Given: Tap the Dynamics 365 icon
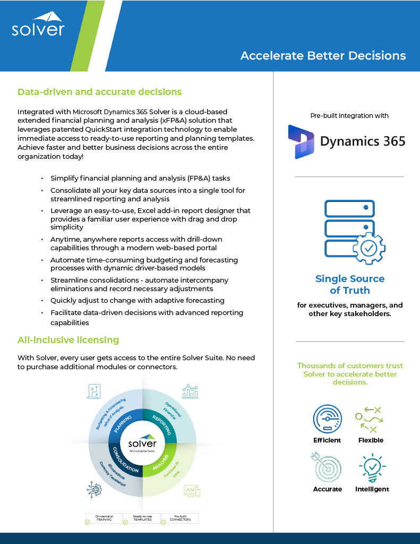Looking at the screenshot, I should [301, 141].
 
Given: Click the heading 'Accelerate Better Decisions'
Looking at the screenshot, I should [323, 56].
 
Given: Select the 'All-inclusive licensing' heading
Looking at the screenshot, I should [68, 339].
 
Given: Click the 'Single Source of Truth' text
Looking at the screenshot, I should [349, 284].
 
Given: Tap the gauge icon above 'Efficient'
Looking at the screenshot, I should [327, 419].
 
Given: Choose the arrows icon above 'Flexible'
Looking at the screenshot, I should [370, 419].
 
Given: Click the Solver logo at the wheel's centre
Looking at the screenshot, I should [142, 444].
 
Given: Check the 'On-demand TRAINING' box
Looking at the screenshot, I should [104, 517].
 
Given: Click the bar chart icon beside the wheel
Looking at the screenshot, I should [190, 392].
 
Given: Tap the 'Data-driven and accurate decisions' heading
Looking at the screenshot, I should [99, 92].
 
